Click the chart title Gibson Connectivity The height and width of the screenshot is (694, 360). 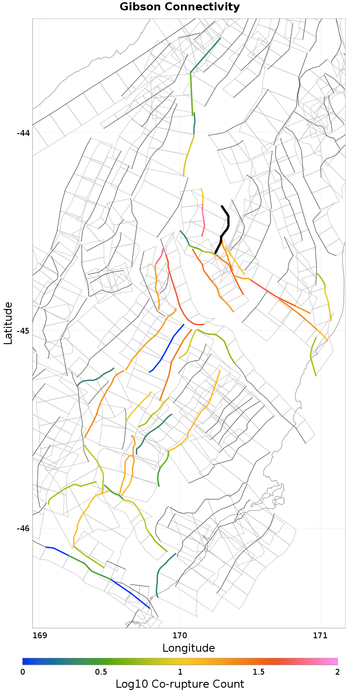180,7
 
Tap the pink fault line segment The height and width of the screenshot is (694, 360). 203,216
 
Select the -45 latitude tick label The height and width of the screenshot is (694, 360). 23,331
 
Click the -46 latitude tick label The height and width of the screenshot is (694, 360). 23,528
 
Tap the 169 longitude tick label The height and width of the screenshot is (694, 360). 40,636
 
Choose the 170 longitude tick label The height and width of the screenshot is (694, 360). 180,636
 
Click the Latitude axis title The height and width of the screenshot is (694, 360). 8,323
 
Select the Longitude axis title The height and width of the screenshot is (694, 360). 189,648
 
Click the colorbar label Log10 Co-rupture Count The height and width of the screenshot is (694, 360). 180,684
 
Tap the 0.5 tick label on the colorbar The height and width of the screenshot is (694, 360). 101,672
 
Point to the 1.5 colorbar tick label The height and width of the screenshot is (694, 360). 259,672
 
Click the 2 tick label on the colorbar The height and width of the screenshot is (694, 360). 337,672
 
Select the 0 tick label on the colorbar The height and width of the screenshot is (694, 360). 23,672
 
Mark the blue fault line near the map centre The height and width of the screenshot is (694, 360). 166,349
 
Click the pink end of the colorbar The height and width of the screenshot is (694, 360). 334,661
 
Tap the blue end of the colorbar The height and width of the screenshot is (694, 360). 25,661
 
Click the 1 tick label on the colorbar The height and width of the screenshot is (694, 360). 180,672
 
